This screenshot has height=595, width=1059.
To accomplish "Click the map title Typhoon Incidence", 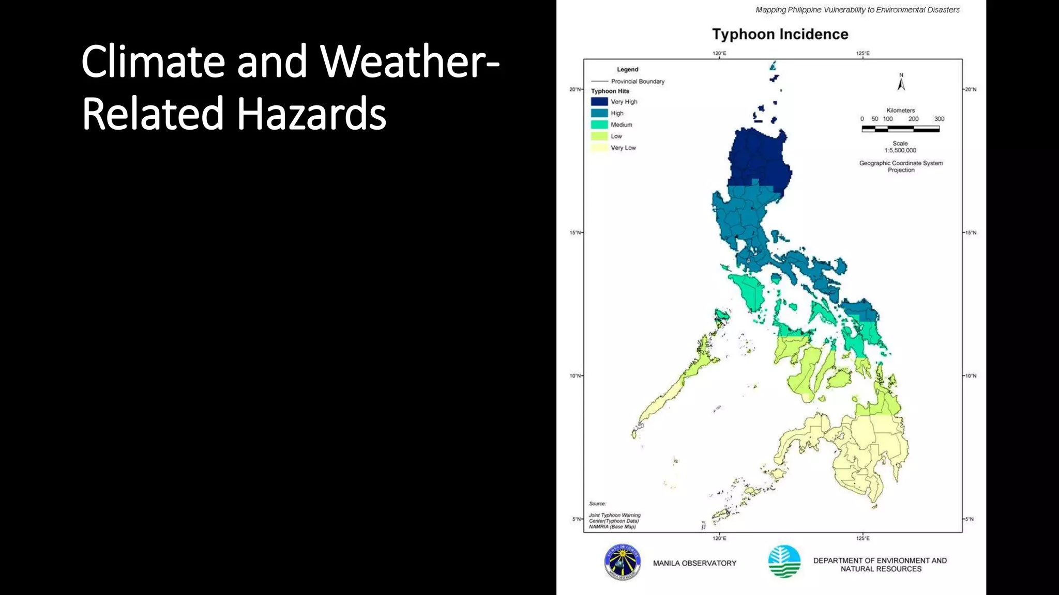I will (780, 34).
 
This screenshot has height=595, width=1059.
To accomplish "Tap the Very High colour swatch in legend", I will (599, 102).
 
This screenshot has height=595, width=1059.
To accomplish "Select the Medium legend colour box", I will (599, 124).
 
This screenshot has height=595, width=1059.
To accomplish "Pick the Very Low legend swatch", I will (599, 148).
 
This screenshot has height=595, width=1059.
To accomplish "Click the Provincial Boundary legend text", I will (637, 81).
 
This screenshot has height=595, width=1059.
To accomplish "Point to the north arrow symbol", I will (901, 83).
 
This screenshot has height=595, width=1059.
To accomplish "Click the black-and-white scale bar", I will (900, 129).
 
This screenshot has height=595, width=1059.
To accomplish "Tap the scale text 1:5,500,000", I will (900, 150).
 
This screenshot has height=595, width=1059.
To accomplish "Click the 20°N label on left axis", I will (574, 89).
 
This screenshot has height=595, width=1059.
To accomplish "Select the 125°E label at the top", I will (863, 53).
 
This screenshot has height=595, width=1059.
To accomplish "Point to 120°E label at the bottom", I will (719, 538).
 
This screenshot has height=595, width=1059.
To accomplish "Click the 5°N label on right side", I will (970, 519).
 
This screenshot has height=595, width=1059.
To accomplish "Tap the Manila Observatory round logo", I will (623, 562).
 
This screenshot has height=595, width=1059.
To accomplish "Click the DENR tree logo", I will (784, 561).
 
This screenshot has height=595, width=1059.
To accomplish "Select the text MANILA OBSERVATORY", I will (694, 563).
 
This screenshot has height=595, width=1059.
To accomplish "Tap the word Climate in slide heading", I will (153, 61).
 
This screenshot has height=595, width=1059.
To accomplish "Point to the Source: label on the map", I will (597, 504).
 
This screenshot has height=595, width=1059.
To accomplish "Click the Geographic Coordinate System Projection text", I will (901, 166).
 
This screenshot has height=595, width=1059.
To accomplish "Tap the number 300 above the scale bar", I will (939, 119).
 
